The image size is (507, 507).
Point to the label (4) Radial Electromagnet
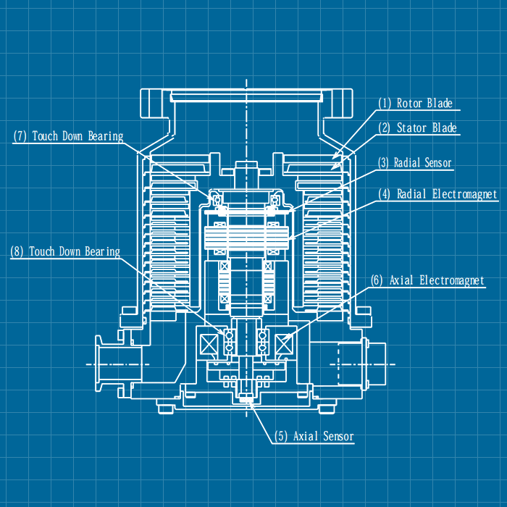pos(437,194)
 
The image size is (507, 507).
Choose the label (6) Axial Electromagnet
pos(427,280)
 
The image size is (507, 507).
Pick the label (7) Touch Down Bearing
pos(68,136)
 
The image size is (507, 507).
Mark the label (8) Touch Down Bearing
pos(64,251)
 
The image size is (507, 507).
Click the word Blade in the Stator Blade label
pos(444,128)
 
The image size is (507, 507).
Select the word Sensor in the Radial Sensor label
pos(437,163)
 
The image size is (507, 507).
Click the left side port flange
pos(108,361)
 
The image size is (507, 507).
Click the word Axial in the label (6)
pos(403,280)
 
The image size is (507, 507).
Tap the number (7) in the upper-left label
pos(20,136)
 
